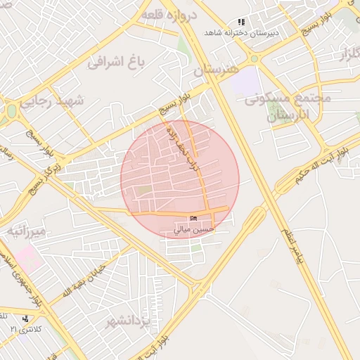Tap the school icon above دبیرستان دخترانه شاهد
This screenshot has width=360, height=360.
[x=242, y=22]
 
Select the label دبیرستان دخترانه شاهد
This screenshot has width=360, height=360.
[x=242, y=33]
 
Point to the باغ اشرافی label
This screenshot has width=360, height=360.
[x=115, y=63]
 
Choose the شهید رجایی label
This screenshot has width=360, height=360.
[x=51, y=102]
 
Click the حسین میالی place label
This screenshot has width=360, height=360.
[x=194, y=229]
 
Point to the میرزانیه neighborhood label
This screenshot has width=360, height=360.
[x=27, y=231]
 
